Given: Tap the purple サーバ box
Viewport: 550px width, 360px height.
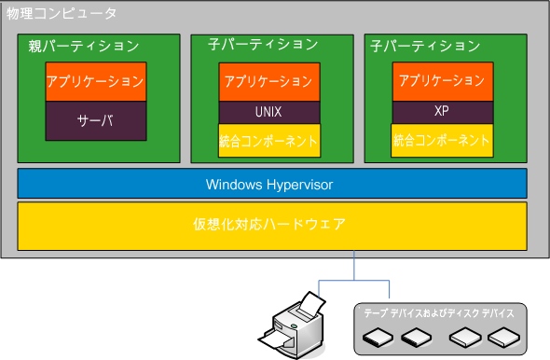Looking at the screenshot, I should point(96,120).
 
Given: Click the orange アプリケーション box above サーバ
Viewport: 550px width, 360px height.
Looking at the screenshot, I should point(96,82).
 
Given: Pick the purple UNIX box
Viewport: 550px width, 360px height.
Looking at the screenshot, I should point(269,112).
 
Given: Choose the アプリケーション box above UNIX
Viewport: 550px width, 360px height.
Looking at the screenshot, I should point(269,81).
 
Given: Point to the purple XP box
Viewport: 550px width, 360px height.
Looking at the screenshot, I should point(442,111).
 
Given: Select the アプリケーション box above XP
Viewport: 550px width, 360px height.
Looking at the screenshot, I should point(442,81).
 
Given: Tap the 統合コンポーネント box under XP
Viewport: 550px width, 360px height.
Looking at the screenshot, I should point(442,140).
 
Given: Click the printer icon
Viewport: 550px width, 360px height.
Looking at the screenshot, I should point(299,326).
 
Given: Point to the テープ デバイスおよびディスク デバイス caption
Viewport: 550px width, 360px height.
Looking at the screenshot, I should point(438,313).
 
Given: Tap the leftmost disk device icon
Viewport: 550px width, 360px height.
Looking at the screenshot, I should point(379,338).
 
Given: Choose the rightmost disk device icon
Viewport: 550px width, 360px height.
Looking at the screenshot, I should point(503,338).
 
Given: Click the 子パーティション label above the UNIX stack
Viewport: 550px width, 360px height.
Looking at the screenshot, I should point(262,45).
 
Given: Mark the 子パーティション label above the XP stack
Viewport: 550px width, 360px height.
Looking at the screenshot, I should point(425,45).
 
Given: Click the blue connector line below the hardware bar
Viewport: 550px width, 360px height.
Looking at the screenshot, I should point(354,266).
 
